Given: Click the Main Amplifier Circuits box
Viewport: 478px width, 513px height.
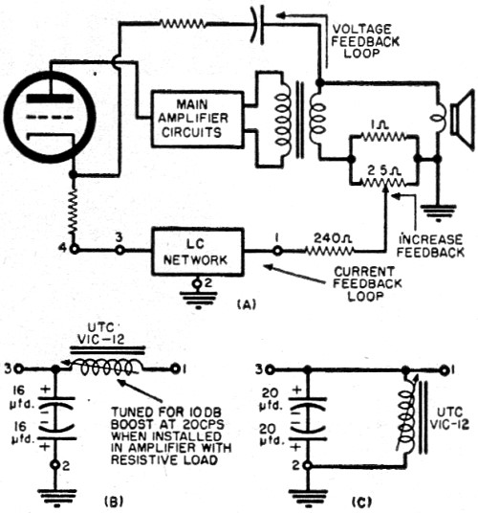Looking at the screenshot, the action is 197,119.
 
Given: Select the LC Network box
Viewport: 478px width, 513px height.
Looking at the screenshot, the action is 198,252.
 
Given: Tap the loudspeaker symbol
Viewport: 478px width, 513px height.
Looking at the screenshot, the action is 462,121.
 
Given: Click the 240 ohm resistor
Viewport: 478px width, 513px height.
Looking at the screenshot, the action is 329,251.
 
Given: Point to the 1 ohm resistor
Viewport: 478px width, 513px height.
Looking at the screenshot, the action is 383,136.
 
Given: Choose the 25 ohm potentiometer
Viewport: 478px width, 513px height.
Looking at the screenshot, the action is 383,183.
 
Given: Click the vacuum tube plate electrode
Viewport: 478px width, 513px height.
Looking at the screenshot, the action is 50,99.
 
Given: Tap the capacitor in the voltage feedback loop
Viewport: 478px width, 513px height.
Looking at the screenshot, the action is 257,26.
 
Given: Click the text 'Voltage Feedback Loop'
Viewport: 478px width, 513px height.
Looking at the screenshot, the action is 365,41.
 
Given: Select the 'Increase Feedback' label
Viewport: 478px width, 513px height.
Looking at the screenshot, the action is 430,246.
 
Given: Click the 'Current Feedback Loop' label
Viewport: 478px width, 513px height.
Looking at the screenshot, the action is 367,283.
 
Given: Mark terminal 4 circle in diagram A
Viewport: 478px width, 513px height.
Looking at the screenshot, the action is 75,250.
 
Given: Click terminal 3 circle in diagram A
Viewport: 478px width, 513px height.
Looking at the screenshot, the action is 119,251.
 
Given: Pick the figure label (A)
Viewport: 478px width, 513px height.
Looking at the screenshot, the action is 246,304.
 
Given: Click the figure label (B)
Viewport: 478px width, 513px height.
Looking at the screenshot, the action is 114,502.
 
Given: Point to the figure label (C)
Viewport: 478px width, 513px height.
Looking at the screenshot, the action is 361,502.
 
